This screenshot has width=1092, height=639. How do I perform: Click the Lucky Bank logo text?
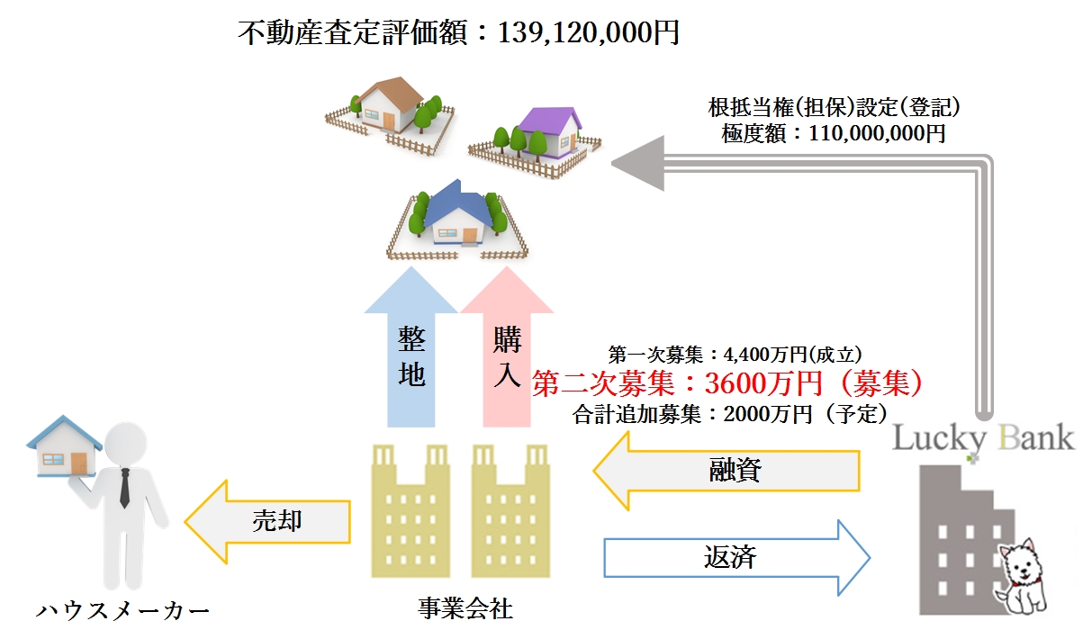point(983,439)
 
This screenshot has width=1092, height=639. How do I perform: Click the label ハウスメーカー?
point(122,612)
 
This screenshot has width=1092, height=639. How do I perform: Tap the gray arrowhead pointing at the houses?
point(636,163)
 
